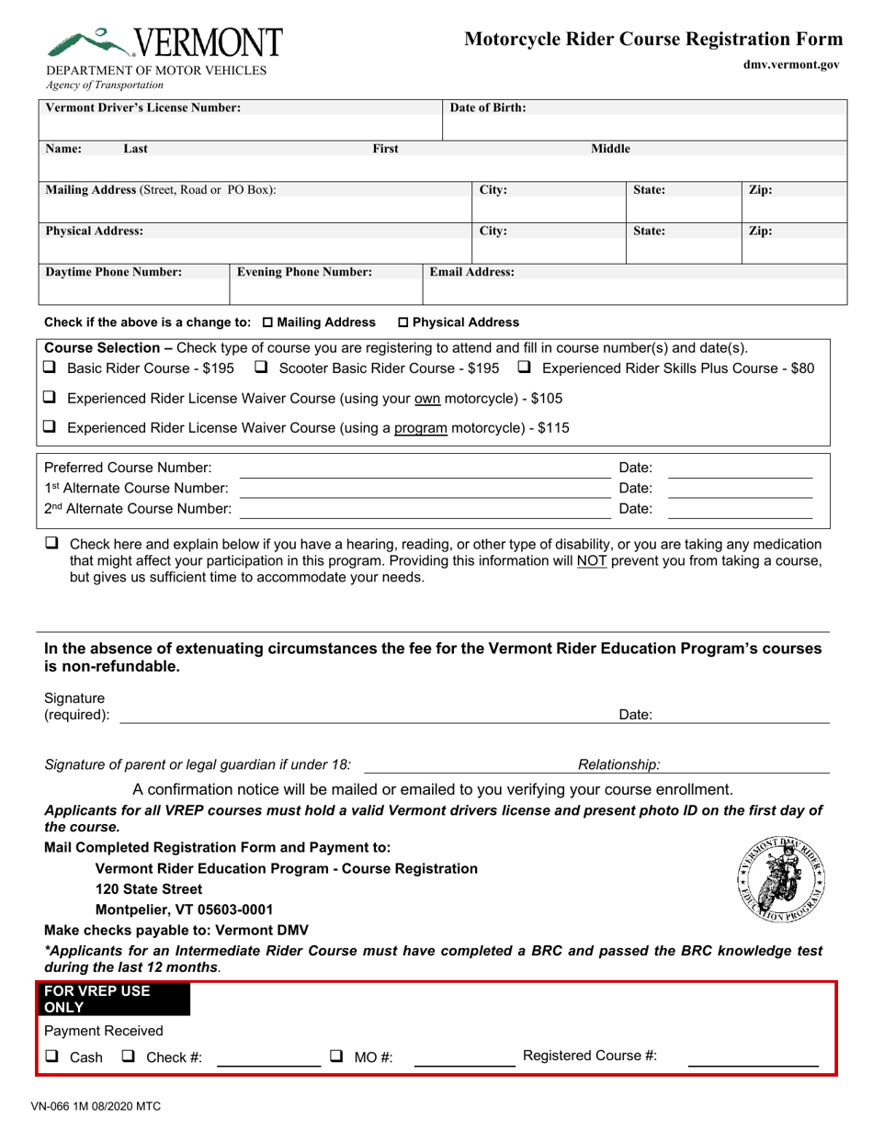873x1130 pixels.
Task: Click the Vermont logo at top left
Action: click(165, 43)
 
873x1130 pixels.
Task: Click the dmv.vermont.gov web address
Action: click(791, 65)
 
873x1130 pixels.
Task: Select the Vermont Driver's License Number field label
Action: click(143, 107)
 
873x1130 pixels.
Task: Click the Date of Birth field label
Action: click(488, 107)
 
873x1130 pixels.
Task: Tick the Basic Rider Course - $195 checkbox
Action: click(51, 367)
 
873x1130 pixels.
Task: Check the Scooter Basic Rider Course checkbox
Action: click(261, 367)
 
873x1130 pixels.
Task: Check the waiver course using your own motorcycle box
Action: click(51, 398)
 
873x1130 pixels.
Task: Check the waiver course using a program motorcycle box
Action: click(51, 427)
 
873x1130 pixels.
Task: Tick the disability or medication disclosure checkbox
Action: click(51, 543)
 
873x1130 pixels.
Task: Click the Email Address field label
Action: click(472, 272)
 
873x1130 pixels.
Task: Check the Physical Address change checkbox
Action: click(403, 322)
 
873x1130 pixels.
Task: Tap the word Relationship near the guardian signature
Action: click(618, 764)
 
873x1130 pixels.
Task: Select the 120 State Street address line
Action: click(149, 889)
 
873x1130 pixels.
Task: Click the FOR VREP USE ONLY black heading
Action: click(112, 999)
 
